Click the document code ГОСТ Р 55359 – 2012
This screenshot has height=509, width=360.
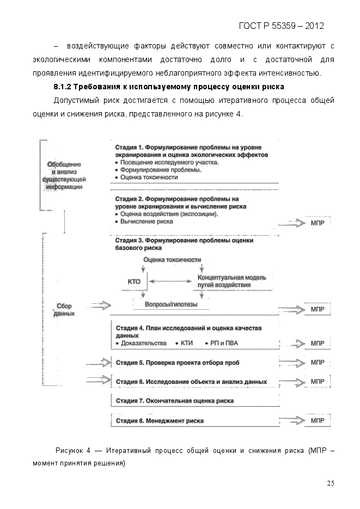282,26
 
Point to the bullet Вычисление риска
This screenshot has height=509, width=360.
144,222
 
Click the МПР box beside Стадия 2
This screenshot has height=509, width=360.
318,223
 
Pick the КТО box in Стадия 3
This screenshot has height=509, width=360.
134,282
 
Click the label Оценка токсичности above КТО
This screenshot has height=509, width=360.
172,260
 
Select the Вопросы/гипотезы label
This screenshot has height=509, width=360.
171,305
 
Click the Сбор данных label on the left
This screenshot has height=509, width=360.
64,310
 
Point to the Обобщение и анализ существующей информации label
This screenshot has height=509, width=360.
64,175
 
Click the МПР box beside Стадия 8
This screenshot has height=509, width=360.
318,421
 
